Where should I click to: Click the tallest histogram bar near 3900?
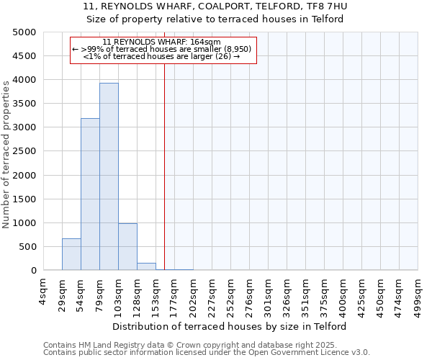point(109,176)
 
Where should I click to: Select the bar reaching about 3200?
point(90,194)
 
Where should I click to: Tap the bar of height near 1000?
point(127,247)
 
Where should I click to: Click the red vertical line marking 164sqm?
point(164,166)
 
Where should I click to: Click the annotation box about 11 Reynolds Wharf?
point(163,50)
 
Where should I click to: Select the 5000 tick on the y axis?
point(26,32)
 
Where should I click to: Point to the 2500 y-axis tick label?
point(26,151)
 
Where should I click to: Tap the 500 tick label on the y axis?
point(29,247)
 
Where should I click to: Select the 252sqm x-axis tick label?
point(230,293)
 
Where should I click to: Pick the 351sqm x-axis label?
point(305,293)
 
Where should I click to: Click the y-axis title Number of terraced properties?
point(7,154)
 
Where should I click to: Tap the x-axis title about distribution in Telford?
point(230,326)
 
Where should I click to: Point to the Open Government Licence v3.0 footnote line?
point(207,353)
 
